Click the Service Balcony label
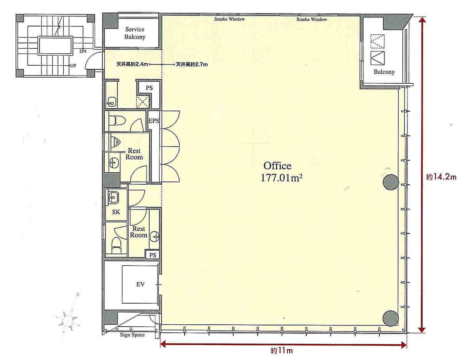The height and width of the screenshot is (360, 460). coord(135,33)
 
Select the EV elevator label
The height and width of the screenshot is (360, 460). coord(140,284)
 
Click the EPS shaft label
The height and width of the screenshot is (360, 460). coord(154,121)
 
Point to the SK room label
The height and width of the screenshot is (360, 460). coord(116,212)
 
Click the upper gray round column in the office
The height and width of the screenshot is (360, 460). coord(391,182)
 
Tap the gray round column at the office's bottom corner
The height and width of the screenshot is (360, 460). coord(391,318)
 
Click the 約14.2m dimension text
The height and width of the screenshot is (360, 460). coord(441,177)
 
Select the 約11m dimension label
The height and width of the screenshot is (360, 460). coord(282,350)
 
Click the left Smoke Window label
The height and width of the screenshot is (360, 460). coord(229,19)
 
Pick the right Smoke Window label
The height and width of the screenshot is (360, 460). coord(312,19)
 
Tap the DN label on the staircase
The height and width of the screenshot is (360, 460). coord(83,51)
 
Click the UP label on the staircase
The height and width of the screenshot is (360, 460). coord(73,65)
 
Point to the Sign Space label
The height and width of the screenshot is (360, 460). coord(132,335)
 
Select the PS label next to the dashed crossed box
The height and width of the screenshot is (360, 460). coord(149,88)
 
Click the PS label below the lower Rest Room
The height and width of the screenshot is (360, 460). coord(153,255)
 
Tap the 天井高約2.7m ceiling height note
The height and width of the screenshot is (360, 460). coord(192,64)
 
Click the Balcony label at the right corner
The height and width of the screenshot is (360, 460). coord(384,72)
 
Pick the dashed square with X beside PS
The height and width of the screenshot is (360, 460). coord(143,102)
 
